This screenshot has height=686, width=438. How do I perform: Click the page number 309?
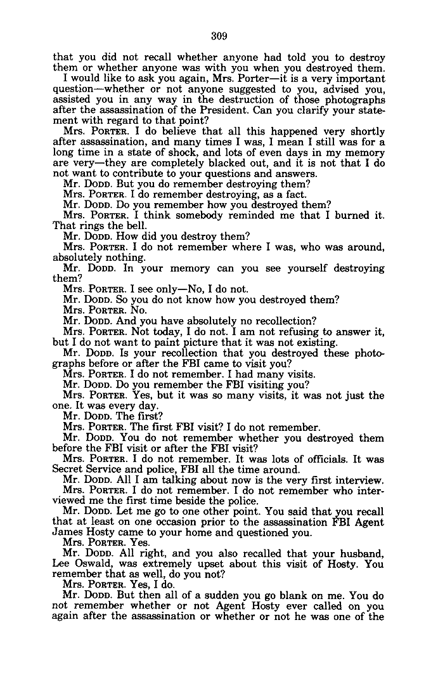[219, 36]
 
